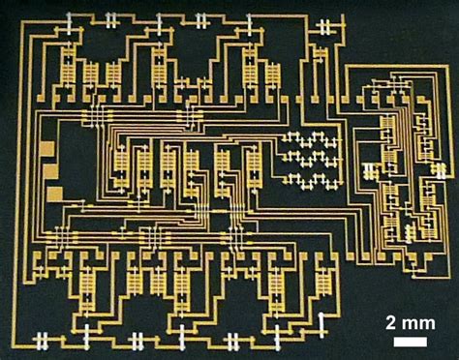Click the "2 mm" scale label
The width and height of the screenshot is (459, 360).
tap(407, 321)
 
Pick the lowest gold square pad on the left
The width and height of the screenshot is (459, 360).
tap(54, 194)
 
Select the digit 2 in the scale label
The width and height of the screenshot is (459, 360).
tap(389, 321)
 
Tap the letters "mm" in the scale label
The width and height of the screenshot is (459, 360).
tap(413, 321)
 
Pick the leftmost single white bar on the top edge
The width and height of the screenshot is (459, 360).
tap(70, 16)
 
